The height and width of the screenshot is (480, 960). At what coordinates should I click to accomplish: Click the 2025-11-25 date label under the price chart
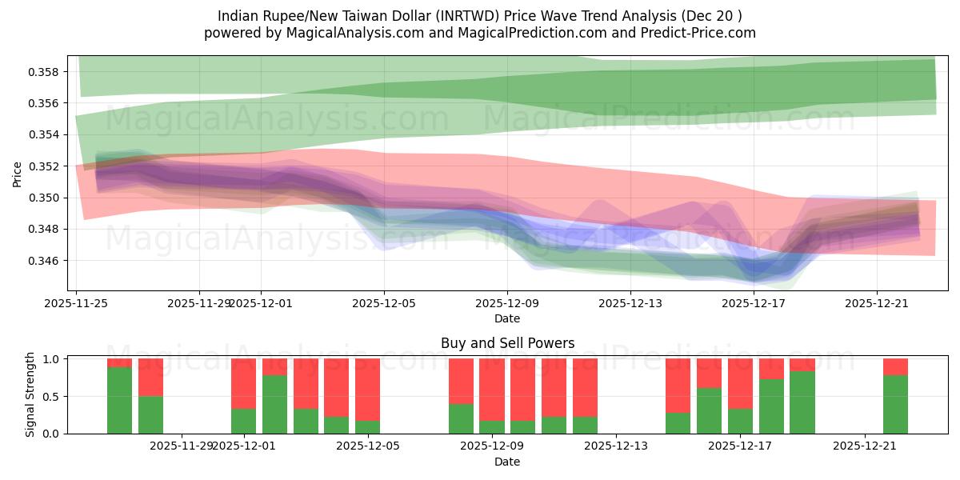(x=76, y=303)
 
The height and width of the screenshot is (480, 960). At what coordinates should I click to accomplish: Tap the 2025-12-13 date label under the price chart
(x=630, y=303)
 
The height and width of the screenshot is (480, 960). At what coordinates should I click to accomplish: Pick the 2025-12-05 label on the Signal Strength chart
(x=367, y=446)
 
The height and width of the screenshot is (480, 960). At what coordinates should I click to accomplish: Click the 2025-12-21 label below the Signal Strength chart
(x=865, y=446)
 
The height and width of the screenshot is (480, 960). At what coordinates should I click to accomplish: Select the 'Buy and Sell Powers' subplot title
(x=507, y=343)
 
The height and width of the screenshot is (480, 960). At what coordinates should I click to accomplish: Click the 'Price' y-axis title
(x=18, y=174)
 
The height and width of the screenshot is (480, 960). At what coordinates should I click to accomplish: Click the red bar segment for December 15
(x=678, y=386)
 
